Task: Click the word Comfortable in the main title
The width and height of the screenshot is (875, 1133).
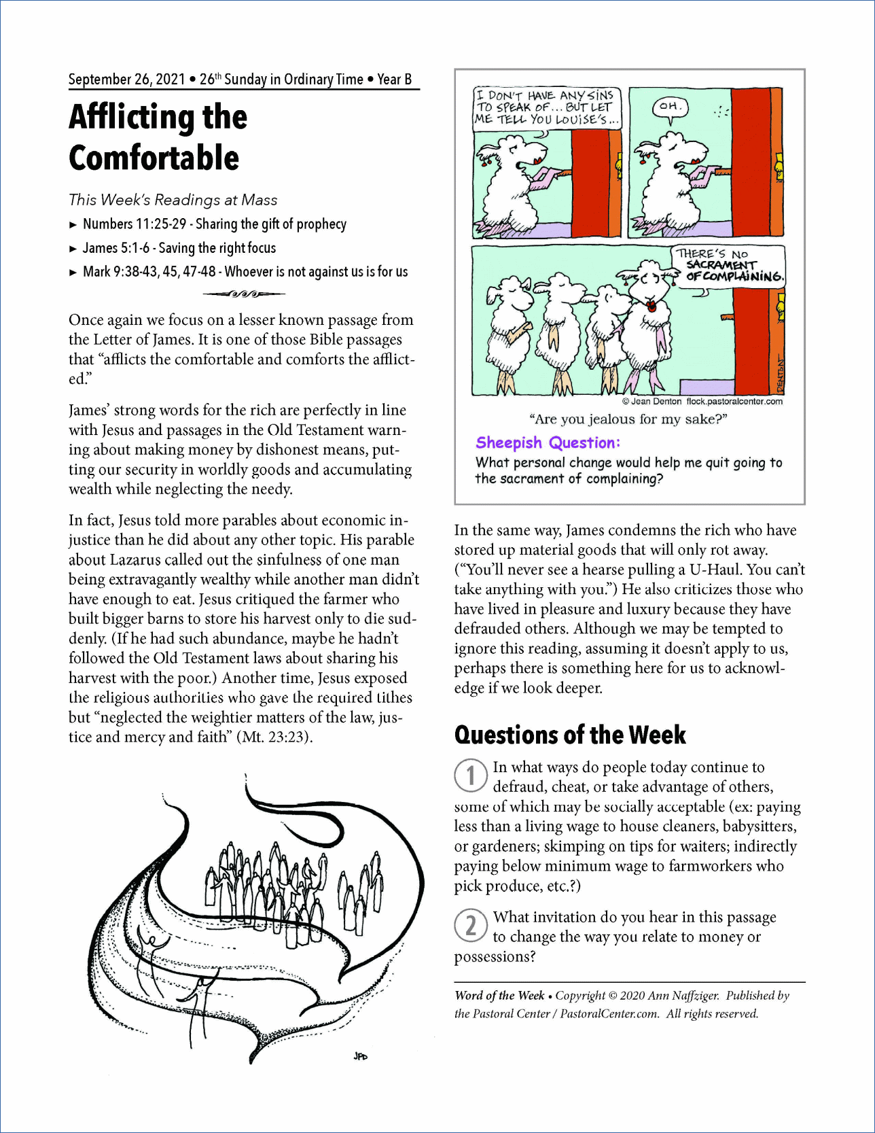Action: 154,158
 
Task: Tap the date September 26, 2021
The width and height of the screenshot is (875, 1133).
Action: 126,80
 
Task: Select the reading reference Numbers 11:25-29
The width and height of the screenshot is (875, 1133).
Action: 135,224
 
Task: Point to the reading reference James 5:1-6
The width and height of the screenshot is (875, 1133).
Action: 116,248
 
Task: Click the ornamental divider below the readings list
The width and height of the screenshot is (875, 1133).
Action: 244,294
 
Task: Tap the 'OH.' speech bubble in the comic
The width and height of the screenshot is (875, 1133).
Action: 670,107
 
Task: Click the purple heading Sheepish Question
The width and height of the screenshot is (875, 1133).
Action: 548,443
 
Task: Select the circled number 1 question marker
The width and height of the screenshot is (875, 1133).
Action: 470,775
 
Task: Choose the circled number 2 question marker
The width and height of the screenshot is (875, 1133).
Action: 470,926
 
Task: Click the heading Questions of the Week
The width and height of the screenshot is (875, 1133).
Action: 569,735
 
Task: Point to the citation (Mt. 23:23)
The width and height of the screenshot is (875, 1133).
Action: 274,737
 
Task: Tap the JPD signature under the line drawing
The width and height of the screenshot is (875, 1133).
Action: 360,1056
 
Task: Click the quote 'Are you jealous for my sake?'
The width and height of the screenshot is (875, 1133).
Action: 628,419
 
